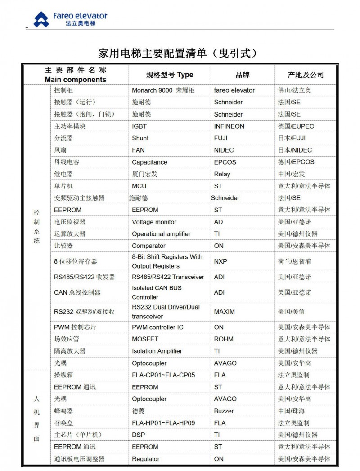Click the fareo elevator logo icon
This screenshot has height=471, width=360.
[41, 20]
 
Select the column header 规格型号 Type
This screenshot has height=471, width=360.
[169, 75]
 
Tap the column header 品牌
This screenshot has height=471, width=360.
[243, 75]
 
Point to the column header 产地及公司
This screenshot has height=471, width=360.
[306, 75]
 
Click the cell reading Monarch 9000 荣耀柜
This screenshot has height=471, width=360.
[163, 90]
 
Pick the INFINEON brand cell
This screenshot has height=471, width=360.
[229, 126]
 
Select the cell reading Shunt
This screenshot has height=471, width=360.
[140, 138]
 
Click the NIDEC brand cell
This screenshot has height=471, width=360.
[224, 150]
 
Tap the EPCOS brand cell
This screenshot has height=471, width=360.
[225, 162]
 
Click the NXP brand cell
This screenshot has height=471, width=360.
[220, 261]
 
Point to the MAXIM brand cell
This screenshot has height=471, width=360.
[224, 311]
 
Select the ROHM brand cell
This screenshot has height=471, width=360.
[224, 339]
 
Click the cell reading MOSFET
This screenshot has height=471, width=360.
[145, 339]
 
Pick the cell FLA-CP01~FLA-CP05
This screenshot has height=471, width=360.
[163, 375]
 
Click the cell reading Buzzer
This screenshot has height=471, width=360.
[224, 411]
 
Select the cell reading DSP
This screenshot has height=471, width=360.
[139, 435]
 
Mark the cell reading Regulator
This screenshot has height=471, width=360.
[145, 459]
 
